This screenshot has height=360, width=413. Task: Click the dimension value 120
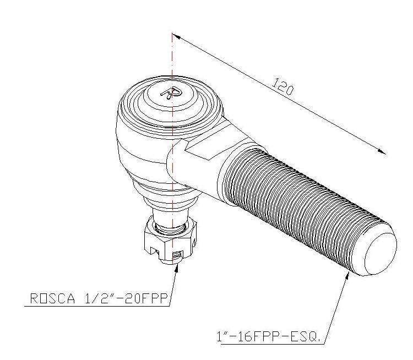(282, 86)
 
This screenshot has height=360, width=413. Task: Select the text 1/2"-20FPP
(126, 298)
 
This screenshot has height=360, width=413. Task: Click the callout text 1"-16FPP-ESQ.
(269, 336)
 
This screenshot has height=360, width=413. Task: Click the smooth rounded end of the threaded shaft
(379, 253)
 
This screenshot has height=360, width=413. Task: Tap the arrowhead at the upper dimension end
(176, 36)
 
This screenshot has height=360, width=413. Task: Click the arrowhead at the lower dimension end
(382, 151)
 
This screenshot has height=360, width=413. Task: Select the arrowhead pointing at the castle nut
(177, 268)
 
